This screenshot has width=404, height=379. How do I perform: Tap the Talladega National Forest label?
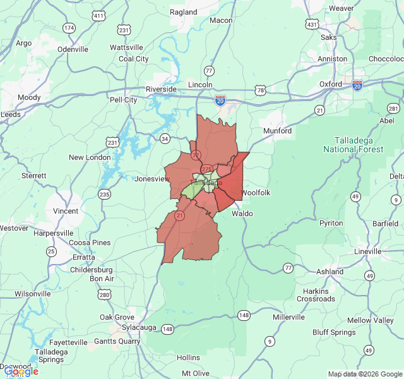point(353,145)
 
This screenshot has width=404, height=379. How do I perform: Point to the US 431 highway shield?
point(312,25)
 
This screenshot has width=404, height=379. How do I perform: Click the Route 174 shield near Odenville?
point(69,28)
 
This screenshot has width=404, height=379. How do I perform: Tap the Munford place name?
point(278,131)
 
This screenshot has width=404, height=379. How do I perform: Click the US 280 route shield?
point(104,294)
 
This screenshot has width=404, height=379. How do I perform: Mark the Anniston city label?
point(333,59)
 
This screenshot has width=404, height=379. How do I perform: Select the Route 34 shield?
point(165,138)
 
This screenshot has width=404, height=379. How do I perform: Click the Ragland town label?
point(184,12)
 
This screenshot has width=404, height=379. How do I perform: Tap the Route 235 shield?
point(104,194)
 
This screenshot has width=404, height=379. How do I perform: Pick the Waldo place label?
point(242,214)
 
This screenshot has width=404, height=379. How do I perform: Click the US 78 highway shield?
point(261,92)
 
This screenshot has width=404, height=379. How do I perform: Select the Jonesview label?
point(152,179)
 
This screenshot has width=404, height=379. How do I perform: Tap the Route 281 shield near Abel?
point(393,108)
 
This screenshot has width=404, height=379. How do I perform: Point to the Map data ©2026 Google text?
point(364,374)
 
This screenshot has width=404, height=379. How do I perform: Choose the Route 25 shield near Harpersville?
point(51,251)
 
